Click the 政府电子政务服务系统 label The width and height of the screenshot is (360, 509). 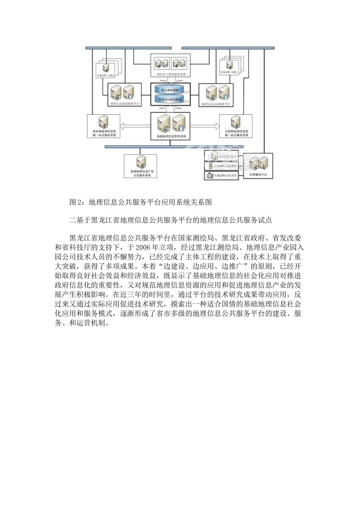coord(171,75)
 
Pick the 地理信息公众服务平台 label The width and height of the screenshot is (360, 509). coord(216,103)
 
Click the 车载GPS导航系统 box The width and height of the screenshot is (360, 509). coord(222,175)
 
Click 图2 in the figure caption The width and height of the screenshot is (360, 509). coord(75,202)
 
